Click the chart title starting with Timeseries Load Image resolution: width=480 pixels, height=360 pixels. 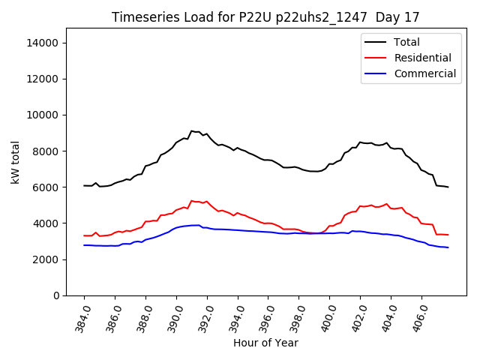point(265,16)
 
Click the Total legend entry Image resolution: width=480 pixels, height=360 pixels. point(407,42)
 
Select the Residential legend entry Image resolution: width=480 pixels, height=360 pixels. point(422,58)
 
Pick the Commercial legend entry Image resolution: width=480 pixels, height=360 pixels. point(424,73)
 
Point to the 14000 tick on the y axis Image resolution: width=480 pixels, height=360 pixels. point(43,43)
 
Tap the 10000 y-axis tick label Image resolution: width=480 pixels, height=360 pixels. point(43,115)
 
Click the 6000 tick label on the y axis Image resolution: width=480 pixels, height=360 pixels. point(46,187)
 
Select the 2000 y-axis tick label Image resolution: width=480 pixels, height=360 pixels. point(46,259)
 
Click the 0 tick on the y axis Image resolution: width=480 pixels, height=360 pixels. point(55,295)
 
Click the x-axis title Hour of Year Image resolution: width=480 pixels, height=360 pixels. point(265,343)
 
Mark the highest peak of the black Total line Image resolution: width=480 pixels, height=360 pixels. point(191,131)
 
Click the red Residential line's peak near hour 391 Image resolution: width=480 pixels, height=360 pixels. point(191,200)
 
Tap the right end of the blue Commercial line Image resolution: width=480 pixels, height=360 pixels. point(448,247)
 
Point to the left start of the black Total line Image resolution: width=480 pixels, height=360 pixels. point(84,185)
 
